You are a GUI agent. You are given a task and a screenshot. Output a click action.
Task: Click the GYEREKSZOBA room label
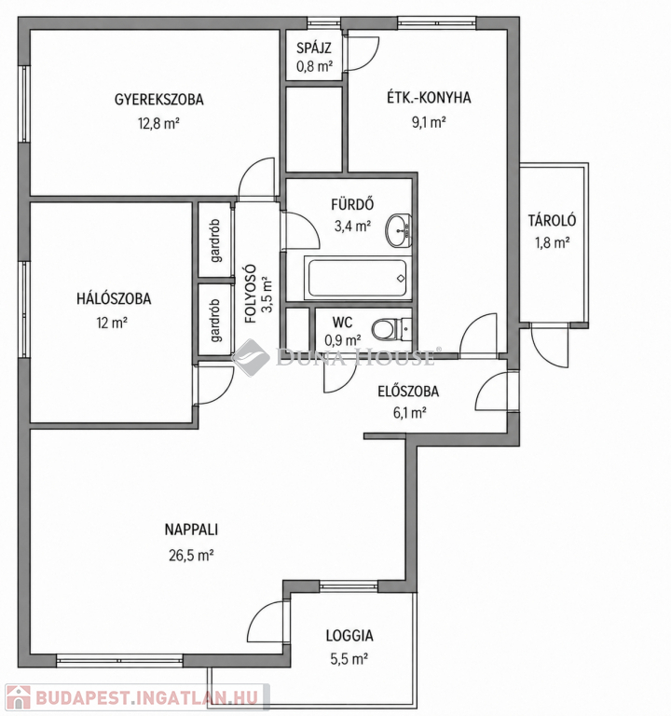158,100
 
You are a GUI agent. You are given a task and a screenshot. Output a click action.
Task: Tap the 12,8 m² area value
158,123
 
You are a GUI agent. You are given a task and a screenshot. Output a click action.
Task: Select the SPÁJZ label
313,48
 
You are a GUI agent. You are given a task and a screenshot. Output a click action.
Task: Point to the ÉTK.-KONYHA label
429,98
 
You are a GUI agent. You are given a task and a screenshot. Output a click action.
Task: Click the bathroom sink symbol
399,230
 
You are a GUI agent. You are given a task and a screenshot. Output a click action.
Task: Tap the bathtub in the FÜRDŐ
356,278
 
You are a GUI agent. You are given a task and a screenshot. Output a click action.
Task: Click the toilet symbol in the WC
391,330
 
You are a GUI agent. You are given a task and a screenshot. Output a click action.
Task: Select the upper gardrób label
215,241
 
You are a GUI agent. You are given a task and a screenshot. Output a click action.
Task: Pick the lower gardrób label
215,321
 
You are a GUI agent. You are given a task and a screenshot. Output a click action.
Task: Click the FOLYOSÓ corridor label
251,294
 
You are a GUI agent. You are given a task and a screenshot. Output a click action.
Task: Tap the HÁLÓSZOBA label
114,298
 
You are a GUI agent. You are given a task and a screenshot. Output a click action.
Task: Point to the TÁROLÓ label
553,221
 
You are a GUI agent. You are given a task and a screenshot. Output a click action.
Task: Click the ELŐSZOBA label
408,392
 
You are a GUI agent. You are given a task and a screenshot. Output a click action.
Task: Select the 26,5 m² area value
191,556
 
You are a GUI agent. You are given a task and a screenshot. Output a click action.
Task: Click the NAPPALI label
191,530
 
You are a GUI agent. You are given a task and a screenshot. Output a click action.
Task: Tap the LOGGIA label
349,636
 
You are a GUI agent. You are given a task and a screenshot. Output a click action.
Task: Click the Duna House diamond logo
251,358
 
